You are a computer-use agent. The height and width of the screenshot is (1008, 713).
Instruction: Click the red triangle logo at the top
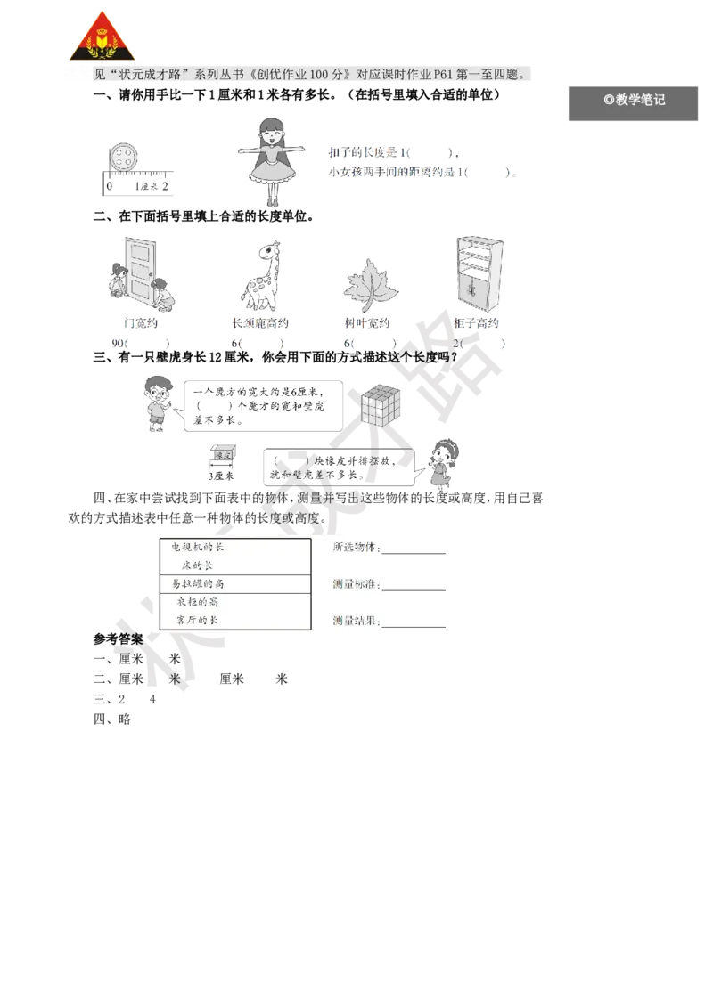102,38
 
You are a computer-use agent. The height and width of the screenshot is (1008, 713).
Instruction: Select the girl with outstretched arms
269,159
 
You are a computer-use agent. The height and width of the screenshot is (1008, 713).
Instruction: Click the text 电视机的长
197,548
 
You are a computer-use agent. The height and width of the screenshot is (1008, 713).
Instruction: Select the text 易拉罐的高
197,584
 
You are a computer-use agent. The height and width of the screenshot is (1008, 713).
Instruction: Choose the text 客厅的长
197,620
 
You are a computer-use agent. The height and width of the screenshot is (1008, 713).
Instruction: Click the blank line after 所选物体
414,550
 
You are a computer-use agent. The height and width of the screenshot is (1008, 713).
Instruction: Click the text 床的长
197,565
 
